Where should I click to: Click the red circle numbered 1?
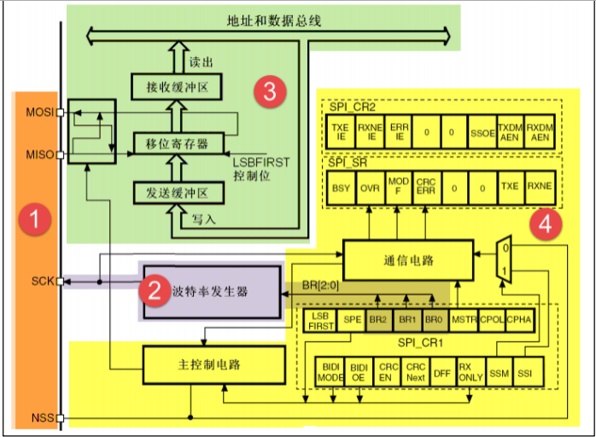coord(35,220)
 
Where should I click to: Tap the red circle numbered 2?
coord(155,291)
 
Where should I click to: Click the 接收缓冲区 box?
coord(177,86)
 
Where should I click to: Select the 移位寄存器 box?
coord(177,143)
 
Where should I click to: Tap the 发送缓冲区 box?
coord(177,194)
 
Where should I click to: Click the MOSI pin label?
coord(39,113)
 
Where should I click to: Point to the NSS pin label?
coord(42,418)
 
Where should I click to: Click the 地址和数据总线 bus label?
coord(273,20)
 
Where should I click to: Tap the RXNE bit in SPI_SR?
coord(539,185)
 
